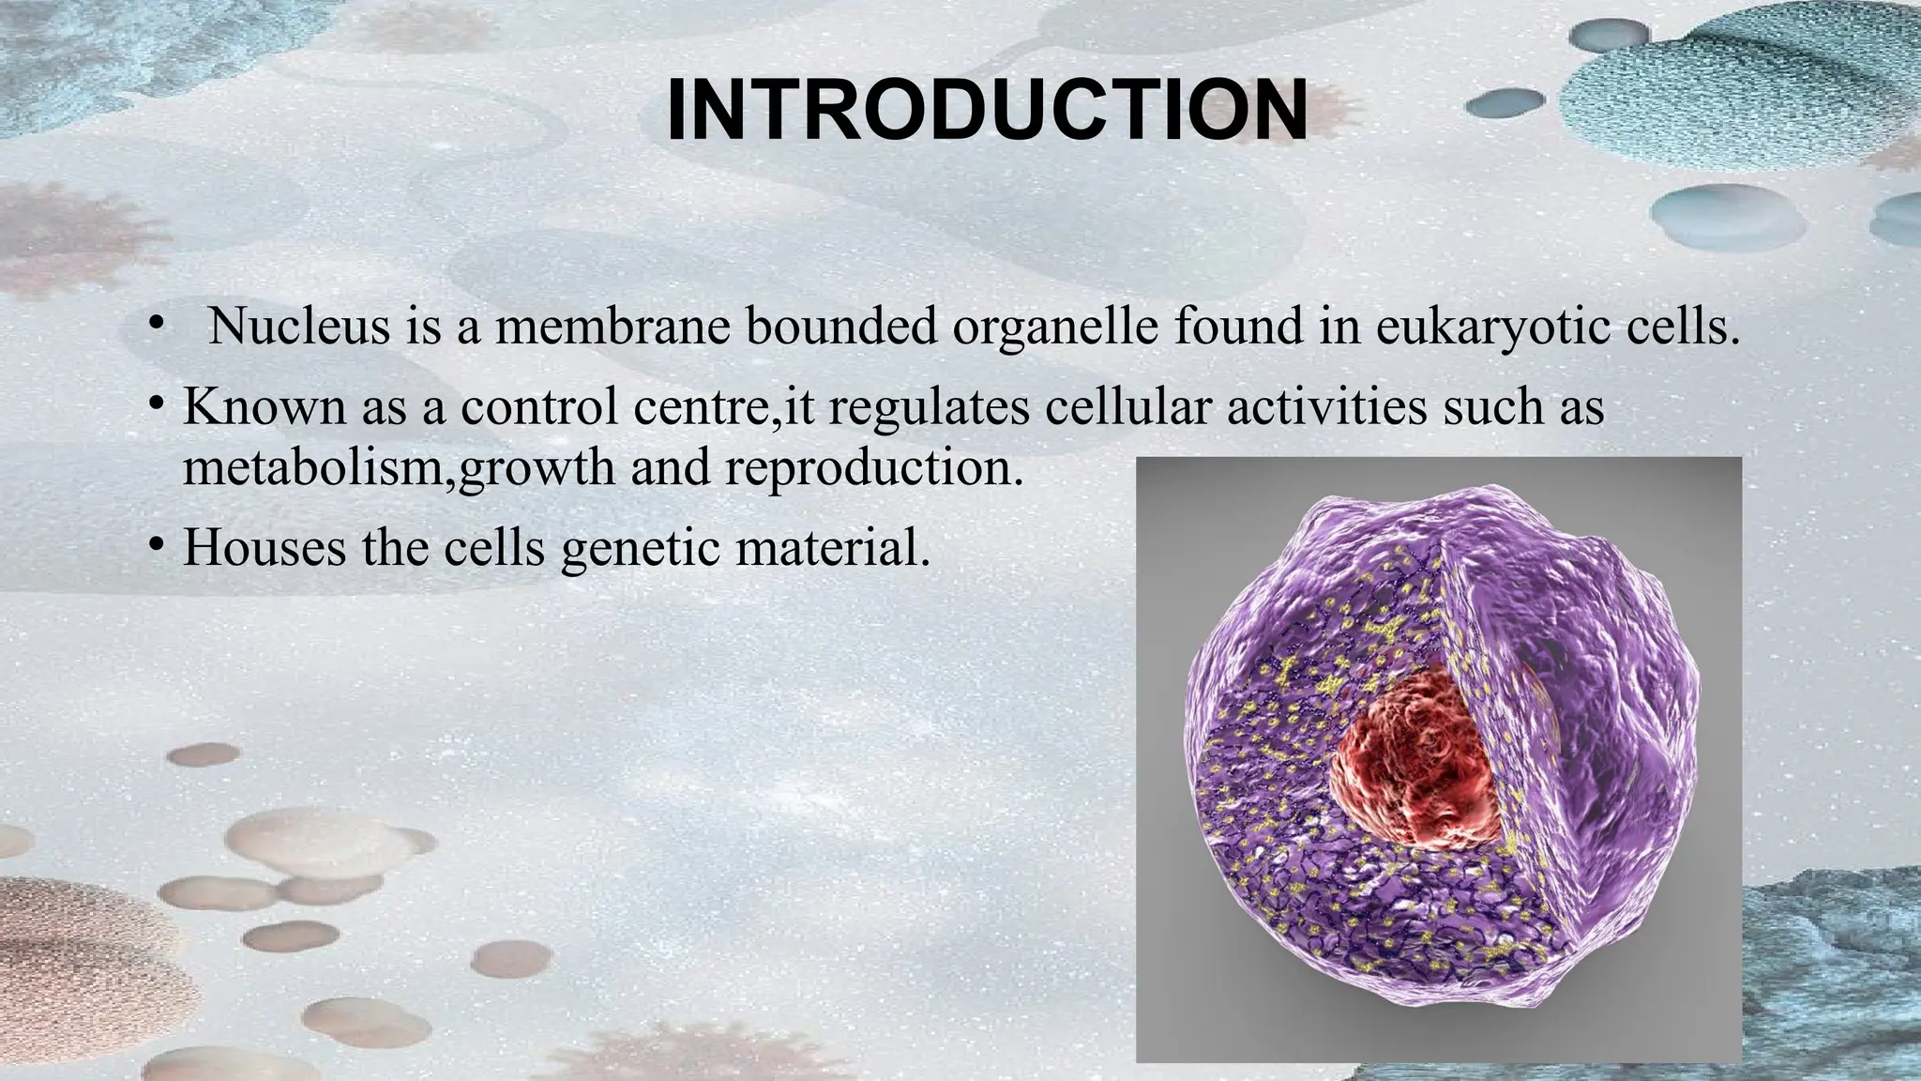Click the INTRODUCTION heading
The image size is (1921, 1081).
click(x=986, y=111)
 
